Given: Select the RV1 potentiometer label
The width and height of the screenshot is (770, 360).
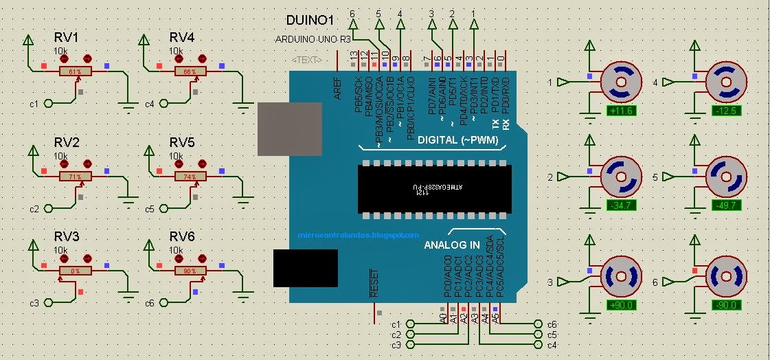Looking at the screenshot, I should [x=67, y=38].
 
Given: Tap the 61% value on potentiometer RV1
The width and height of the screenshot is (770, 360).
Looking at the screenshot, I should [x=75, y=71].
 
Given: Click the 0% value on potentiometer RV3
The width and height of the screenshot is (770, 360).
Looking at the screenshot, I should [x=75, y=271].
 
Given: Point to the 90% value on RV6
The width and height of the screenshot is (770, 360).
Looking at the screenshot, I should [x=190, y=271].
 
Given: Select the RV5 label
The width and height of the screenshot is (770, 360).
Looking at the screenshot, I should [x=182, y=142].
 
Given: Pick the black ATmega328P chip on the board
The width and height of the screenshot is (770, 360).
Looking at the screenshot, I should [x=432, y=188].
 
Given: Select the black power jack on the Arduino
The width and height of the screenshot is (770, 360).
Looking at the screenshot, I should [x=304, y=268].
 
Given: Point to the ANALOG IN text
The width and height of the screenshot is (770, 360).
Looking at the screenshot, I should [x=451, y=245].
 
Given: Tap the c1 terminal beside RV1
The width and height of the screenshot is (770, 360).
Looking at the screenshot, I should [x=47, y=103].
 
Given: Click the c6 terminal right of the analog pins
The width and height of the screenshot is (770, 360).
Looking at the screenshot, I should [x=538, y=324].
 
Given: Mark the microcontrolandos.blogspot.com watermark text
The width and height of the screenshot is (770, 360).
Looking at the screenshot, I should [x=358, y=235].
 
